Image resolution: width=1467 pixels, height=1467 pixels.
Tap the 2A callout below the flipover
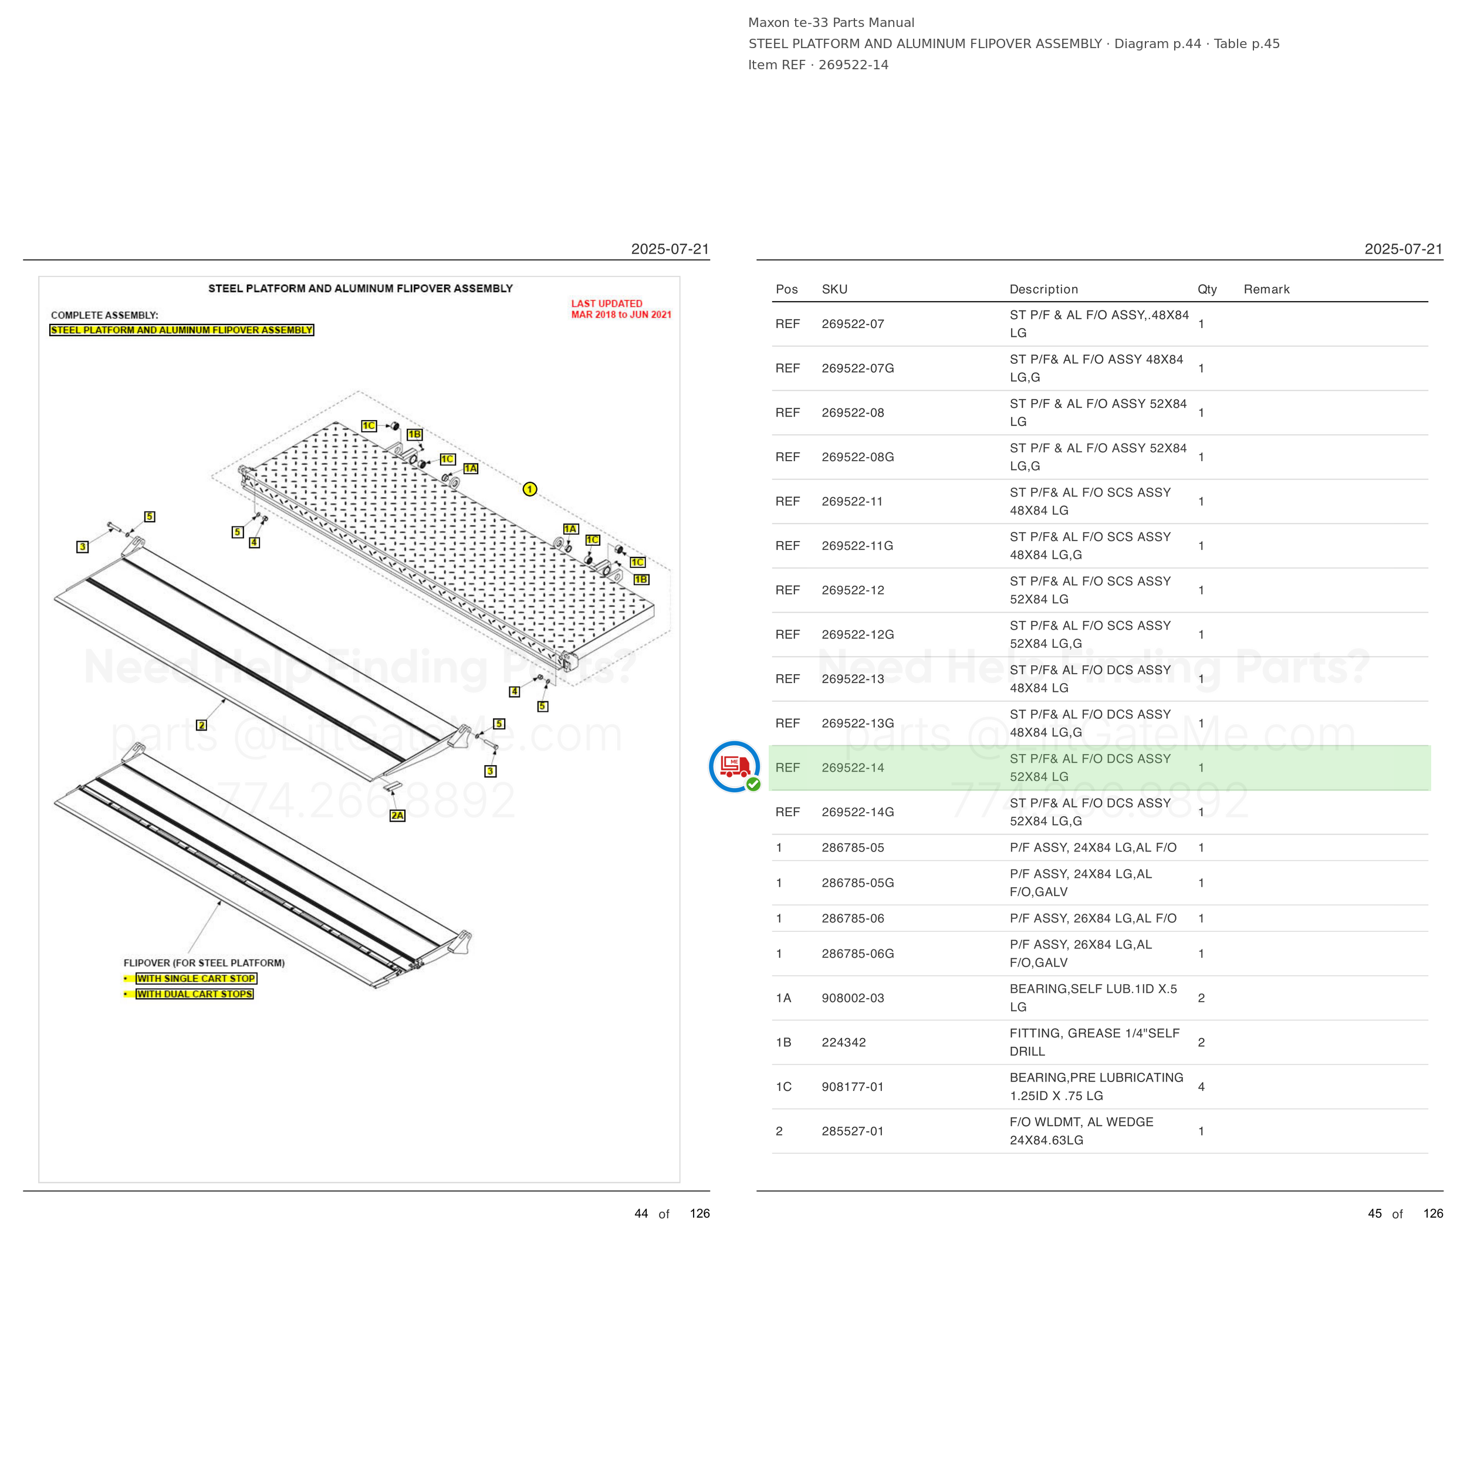(397, 816)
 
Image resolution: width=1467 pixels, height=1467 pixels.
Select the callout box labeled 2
(201, 725)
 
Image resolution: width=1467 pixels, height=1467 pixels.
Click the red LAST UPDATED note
(621, 309)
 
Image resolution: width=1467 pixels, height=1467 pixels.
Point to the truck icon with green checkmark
(734, 767)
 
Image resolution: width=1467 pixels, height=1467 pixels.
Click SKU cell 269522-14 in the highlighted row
(853, 768)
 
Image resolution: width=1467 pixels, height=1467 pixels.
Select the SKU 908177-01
(853, 1087)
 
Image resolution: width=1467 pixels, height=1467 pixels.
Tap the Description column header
(1043, 289)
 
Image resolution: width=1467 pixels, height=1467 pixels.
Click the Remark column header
(1266, 289)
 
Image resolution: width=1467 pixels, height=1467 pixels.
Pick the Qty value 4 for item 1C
(1201, 1087)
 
